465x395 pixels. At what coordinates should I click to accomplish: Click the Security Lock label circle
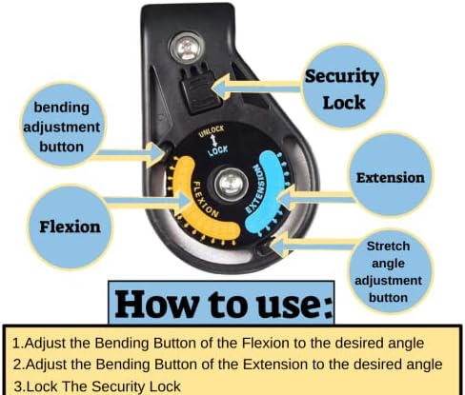pyautogui.click(x=344, y=87)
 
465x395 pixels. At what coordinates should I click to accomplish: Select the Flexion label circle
pyautogui.click(x=70, y=227)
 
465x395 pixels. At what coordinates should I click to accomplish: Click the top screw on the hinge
pyautogui.click(x=186, y=49)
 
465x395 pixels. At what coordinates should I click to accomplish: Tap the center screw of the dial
pyautogui.click(x=231, y=185)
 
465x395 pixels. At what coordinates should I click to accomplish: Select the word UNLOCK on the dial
pyautogui.click(x=212, y=131)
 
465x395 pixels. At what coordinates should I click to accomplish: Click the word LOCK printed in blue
pyautogui.click(x=218, y=150)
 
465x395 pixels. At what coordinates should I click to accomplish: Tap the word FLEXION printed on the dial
pyautogui.click(x=205, y=200)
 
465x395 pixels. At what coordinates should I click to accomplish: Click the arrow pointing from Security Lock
pyautogui.click(x=257, y=86)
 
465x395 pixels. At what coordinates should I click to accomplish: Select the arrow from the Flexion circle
pyautogui.click(x=147, y=201)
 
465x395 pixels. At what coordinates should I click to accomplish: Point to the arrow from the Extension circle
pyautogui.click(x=315, y=198)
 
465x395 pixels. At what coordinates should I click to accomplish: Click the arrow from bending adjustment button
pyautogui.click(x=131, y=154)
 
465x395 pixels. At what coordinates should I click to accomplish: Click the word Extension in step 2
pyautogui.click(x=275, y=365)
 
